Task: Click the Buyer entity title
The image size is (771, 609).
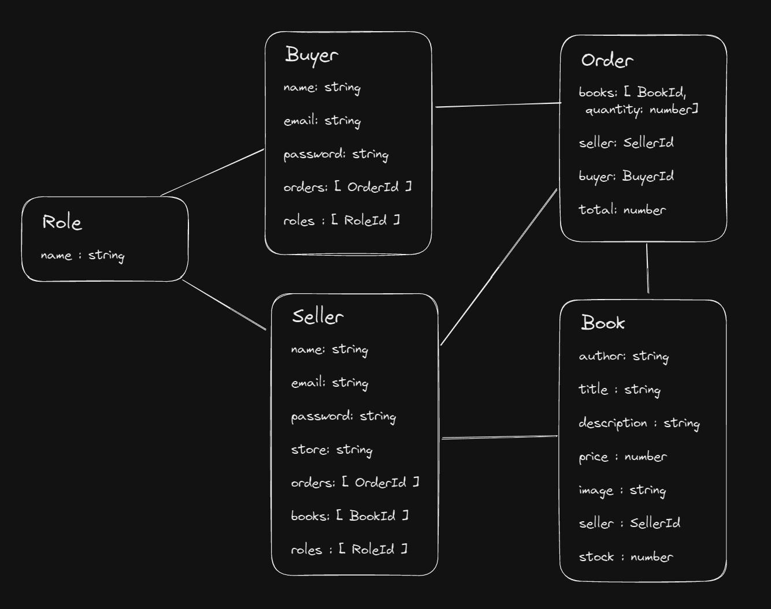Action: (312, 55)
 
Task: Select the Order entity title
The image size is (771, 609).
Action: (607, 60)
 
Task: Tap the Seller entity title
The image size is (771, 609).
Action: (317, 316)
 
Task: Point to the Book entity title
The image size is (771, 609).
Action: (603, 322)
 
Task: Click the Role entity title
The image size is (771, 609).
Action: (62, 222)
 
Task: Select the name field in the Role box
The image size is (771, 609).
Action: (83, 255)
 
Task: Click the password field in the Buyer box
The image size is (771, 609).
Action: (336, 155)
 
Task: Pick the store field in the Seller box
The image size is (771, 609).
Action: (331, 450)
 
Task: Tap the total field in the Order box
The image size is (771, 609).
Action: (622, 210)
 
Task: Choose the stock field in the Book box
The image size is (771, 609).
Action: (626, 557)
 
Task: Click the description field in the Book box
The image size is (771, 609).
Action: (639, 423)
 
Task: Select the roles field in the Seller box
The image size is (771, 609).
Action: (349, 550)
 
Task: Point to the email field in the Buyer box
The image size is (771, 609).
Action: (322, 121)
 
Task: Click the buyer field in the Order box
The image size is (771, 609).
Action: (626, 177)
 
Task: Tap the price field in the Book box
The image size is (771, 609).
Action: (622, 457)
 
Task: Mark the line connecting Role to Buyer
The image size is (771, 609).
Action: (212, 173)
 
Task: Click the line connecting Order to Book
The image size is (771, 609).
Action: (647, 268)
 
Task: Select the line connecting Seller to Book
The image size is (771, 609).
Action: (499, 438)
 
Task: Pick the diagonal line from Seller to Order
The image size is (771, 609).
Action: (499, 267)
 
